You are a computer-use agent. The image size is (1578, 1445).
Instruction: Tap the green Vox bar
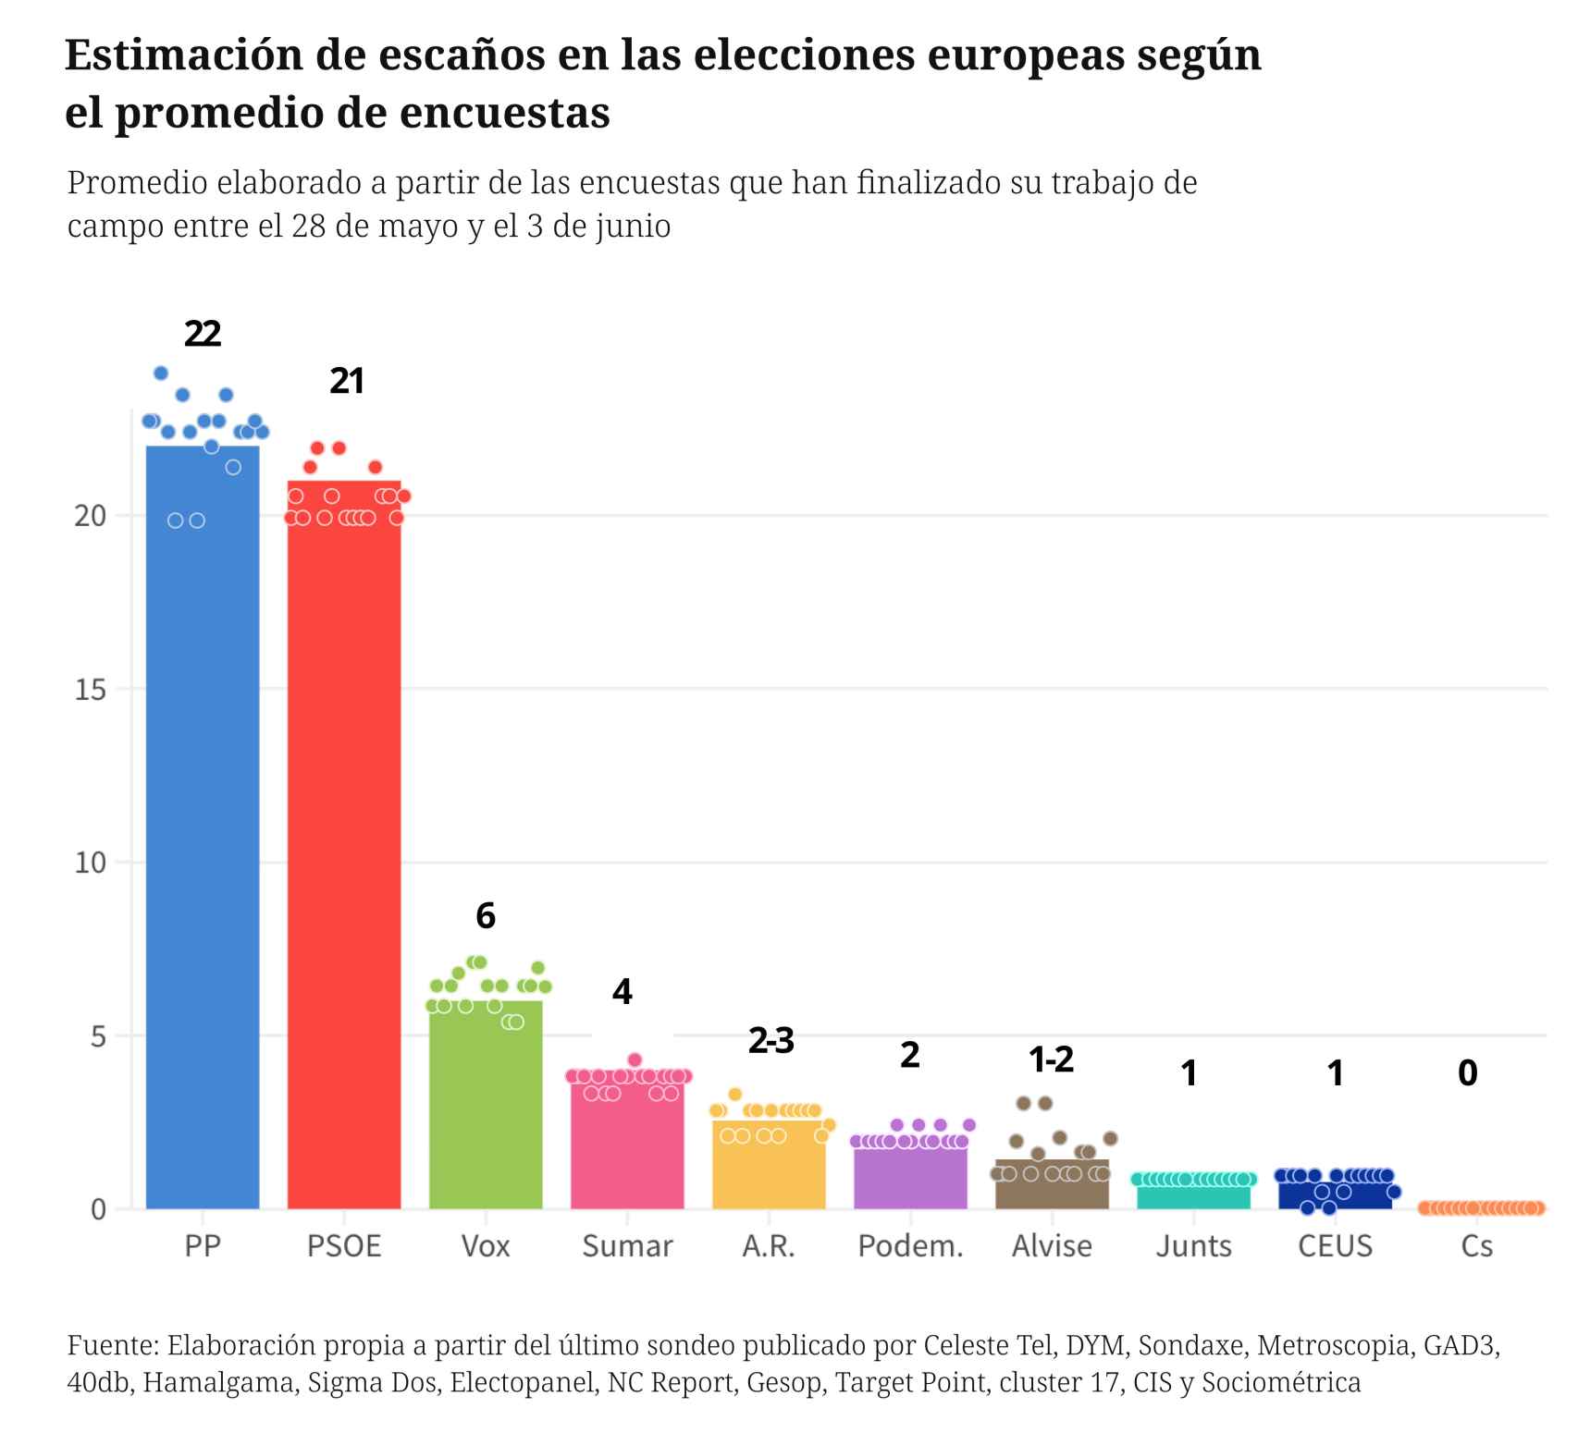click(486, 1109)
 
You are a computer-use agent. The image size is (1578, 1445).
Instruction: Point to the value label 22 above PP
click(203, 334)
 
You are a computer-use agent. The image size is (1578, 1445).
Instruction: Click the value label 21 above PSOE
click(347, 381)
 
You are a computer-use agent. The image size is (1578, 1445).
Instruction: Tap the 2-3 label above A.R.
click(771, 1041)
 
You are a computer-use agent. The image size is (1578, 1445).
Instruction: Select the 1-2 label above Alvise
click(1051, 1059)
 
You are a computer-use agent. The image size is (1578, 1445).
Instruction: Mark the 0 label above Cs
click(1467, 1073)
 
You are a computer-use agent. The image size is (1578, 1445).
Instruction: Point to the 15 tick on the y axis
click(91, 690)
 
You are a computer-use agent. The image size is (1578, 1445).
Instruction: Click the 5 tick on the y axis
click(98, 1036)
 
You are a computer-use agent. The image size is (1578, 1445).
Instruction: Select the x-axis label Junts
click(1193, 1246)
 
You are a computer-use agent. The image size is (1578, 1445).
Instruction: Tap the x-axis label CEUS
click(1335, 1246)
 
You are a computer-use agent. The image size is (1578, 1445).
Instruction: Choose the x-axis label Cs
click(1476, 1246)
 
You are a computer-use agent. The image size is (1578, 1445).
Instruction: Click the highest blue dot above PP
click(160, 373)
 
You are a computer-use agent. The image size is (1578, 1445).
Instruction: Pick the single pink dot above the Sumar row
click(635, 1059)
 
